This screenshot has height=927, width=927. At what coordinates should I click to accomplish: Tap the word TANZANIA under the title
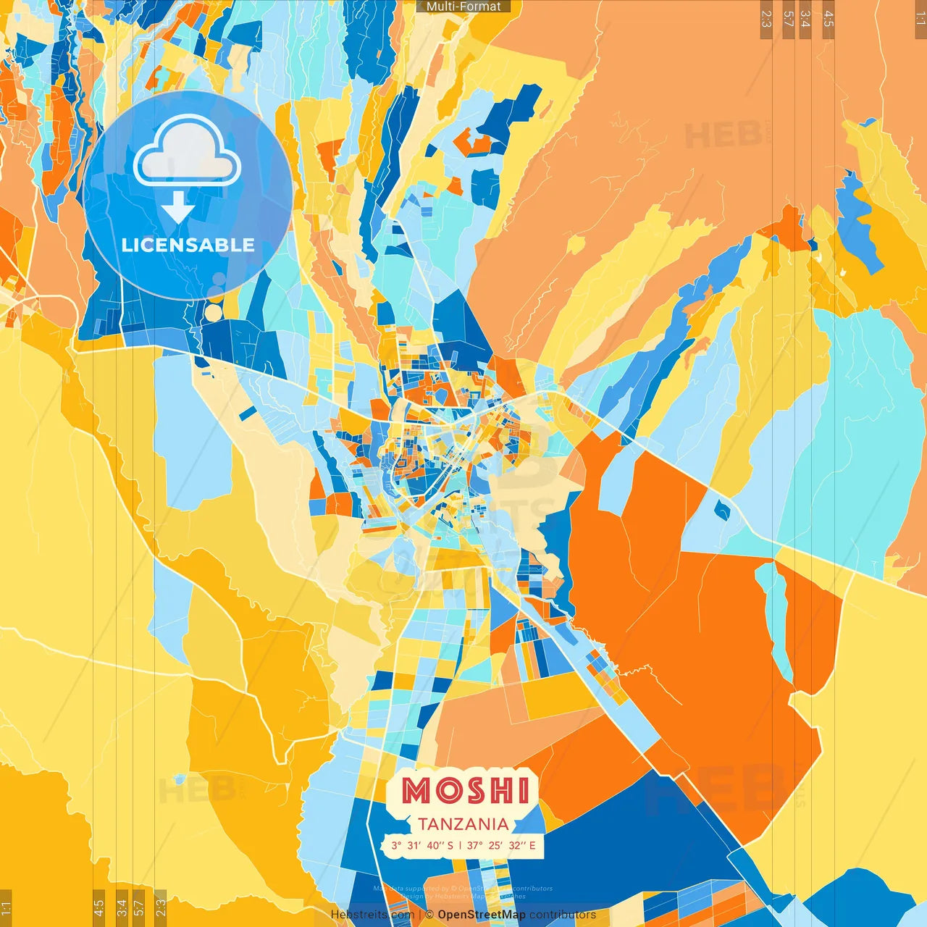click(463, 824)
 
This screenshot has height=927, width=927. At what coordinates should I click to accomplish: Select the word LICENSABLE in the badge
click(188, 245)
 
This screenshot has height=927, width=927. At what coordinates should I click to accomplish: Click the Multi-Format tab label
click(463, 7)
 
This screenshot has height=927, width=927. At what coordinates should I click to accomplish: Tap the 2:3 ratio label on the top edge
click(766, 19)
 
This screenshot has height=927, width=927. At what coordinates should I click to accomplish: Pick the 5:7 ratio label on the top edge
click(788, 19)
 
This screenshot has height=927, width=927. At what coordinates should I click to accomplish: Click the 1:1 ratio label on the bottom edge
click(6, 907)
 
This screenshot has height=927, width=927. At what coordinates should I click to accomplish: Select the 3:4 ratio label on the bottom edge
click(122, 907)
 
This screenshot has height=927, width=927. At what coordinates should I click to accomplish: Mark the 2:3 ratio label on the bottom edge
click(161, 907)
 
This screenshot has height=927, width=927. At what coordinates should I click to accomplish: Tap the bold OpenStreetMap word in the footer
click(482, 915)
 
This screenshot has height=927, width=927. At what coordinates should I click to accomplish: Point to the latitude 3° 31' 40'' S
click(422, 845)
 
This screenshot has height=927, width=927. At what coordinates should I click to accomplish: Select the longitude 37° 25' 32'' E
click(501, 845)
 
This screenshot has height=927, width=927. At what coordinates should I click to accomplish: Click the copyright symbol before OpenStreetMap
click(429, 915)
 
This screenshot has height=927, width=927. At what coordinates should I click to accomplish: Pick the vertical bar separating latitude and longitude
click(460, 845)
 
